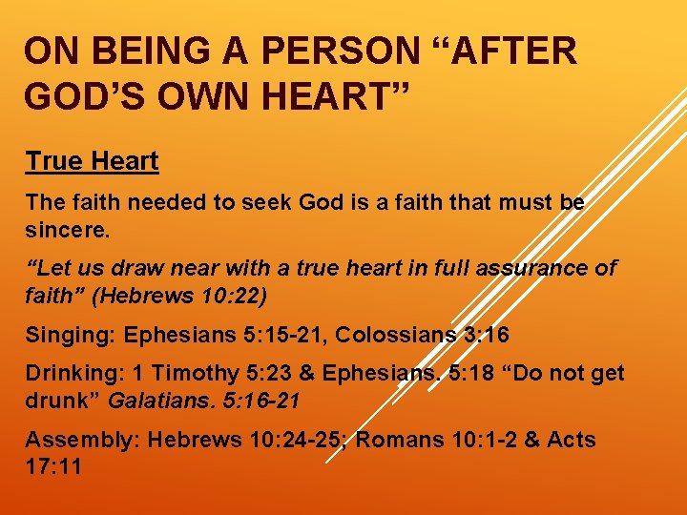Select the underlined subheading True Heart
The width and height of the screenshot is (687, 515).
point(92,161)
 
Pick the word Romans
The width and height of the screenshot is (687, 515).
point(399,440)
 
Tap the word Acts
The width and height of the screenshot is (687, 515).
point(572,440)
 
